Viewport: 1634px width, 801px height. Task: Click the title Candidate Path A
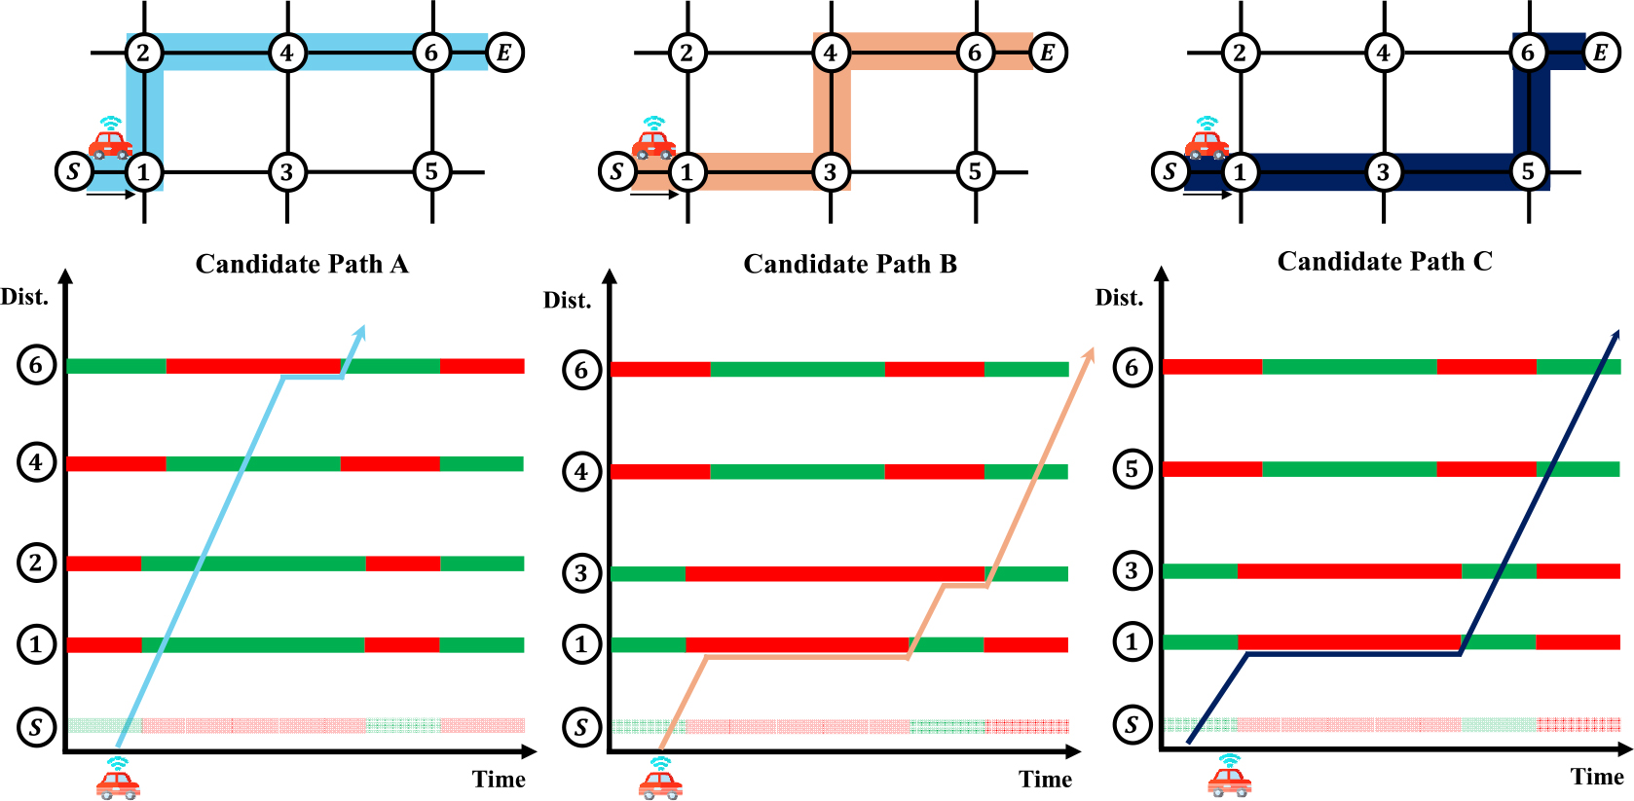(302, 265)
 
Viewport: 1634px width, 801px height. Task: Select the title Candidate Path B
(850, 265)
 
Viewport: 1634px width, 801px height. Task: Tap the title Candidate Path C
(1384, 262)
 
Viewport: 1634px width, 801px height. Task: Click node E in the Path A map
(504, 53)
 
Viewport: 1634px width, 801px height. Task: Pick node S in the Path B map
(616, 172)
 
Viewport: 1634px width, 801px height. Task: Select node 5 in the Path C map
(1528, 172)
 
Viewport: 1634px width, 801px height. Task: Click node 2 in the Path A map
(144, 53)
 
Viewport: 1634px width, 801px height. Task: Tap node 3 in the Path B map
(830, 172)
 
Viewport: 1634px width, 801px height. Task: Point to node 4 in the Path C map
(1384, 53)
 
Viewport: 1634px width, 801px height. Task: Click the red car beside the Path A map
(110, 140)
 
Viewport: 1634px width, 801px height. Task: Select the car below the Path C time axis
(1229, 776)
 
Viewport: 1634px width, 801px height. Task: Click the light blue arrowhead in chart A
(360, 331)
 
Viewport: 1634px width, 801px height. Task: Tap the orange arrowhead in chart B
(1089, 353)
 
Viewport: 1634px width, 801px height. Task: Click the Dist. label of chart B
(567, 301)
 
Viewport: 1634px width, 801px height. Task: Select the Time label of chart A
(499, 780)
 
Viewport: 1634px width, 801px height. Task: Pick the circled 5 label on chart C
(1132, 469)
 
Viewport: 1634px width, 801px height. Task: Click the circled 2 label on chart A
(36, 563)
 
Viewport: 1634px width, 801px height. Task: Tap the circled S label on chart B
(581, 727)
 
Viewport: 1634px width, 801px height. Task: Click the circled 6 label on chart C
(1132, 368)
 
